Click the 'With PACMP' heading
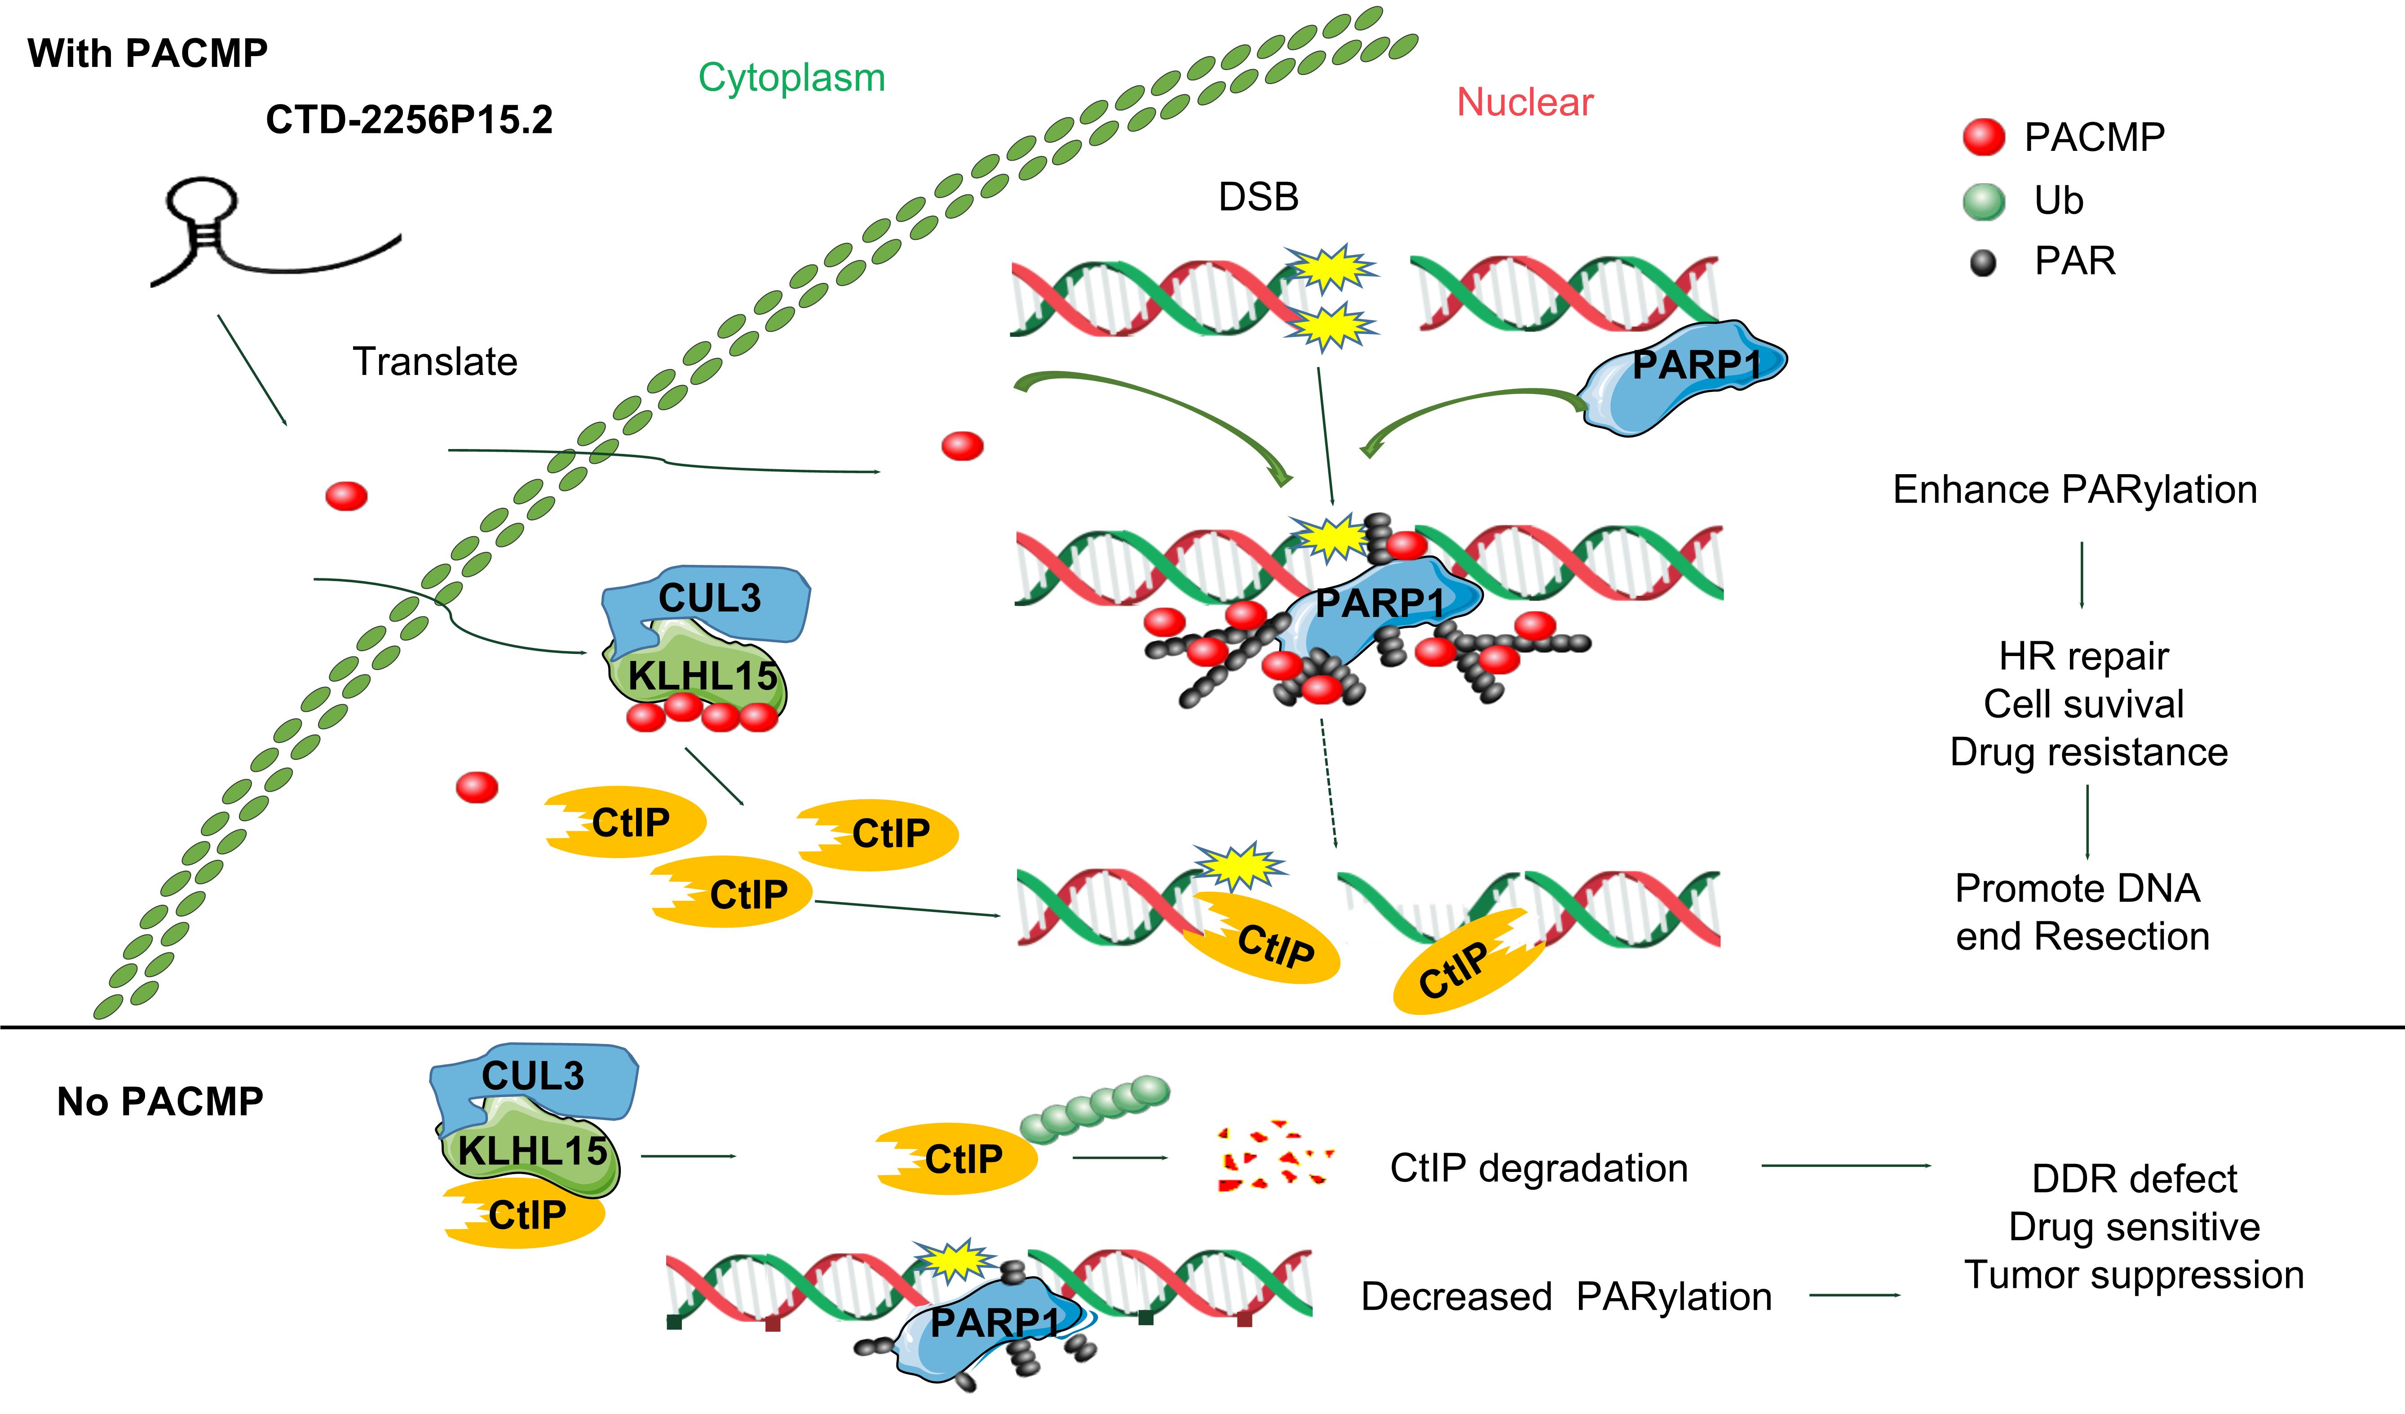coord(148,53)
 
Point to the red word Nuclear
coord(1524,102)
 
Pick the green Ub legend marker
coord(1983,201)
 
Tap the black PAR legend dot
coord(1983,262)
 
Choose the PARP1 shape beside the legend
coord(1684,377)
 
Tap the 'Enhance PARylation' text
coord(2075,489)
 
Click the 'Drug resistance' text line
coord(2088,752)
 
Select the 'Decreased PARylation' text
coord(1565,1297)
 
